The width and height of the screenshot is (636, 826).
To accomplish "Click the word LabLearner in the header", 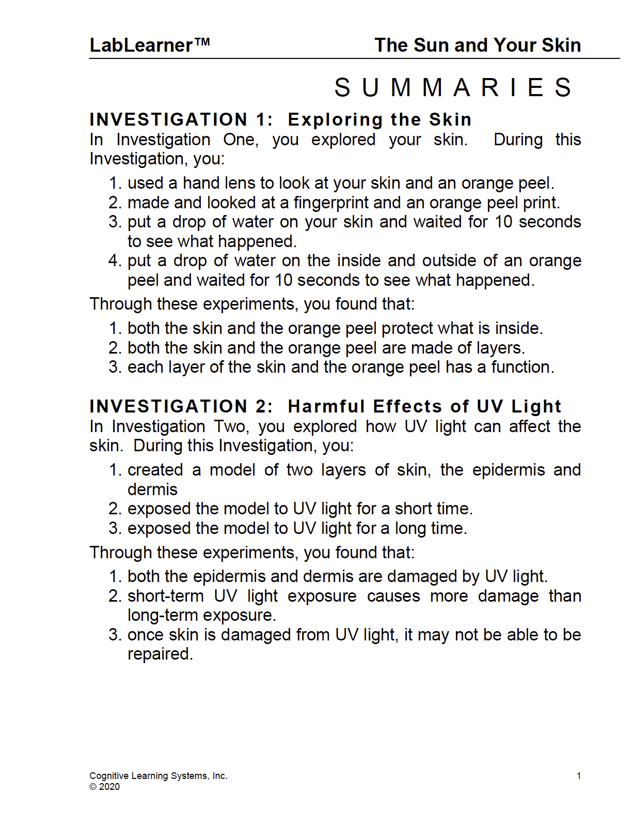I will pyautogui.click(x=141, y=45).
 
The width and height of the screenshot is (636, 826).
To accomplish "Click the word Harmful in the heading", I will pyautogui.click(x=326, y=407).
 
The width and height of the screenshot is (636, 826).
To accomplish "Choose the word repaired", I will pyautogui.click(x=160, y=654).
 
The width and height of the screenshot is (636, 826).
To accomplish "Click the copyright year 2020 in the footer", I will pyautogui.click(x=109, y=787).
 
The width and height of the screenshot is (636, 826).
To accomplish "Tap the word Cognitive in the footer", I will pyautogui.click(x=109, y=776).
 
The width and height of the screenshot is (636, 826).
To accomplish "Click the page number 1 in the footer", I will pyautogui.click(x=579, y=776).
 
